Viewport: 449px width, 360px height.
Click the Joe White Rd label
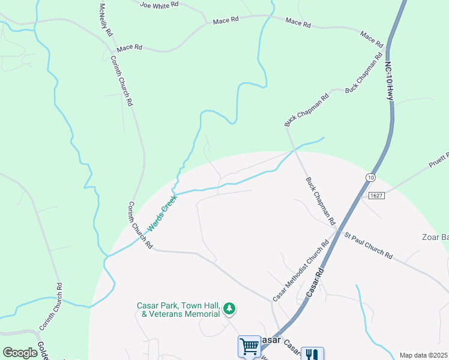(159, 4)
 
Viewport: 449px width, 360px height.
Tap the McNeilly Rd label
(105, 20)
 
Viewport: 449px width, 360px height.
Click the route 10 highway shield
(370, 178)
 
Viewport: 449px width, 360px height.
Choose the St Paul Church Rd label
(367, 245)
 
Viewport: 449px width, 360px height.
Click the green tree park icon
(229, 309)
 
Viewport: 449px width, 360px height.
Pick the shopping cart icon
(249, 347)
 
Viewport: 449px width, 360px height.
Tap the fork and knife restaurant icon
(312, 355)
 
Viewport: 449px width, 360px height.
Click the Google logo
(20, 353)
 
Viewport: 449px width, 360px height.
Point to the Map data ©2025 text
(423, 355)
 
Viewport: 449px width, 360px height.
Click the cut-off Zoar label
(436, 238)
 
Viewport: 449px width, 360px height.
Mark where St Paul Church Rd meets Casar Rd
(339, 232)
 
